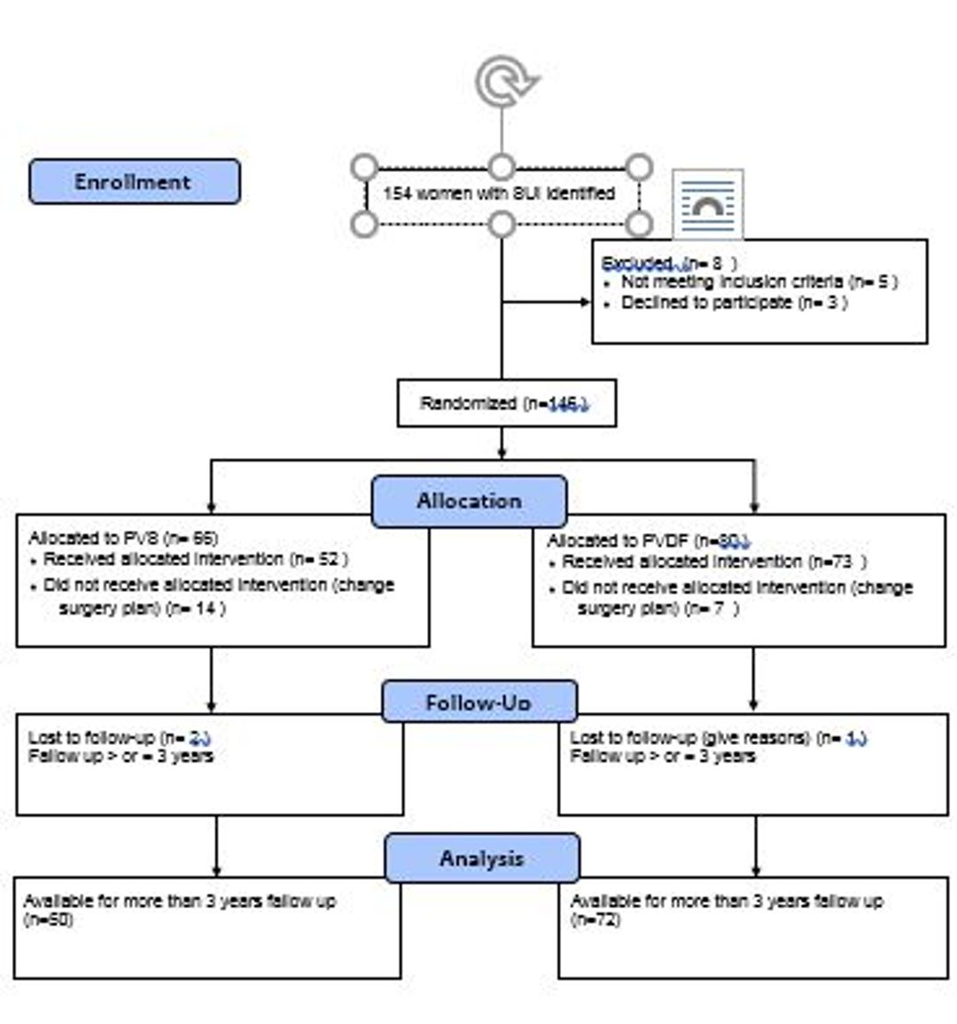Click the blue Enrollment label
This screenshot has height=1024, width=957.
click(x=134, y=182)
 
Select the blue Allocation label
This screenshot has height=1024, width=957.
click(x=469, y=500)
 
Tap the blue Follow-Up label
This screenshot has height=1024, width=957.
click(x=478, y=702)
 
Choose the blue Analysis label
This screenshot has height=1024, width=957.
click(x=482, y=857)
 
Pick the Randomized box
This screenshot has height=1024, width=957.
click(x=506, y=404)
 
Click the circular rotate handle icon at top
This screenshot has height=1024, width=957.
click(x=506, y=81)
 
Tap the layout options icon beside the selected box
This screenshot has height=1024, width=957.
click(x=707, y=206)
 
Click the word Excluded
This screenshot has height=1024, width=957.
click(x=636, y=263)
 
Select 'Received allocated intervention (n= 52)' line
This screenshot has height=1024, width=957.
click(x=195, y=559)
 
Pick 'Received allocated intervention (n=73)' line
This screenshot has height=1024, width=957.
click(x=713, y=562)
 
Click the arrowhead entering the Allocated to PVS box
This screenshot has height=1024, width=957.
click(x=211, y=508)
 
